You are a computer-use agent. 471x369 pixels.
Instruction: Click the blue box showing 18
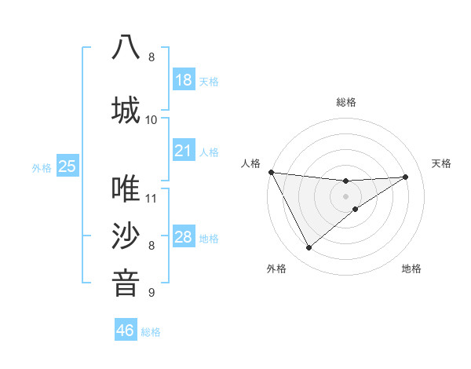(x=184, y=80)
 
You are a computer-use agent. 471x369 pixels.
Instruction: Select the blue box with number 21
(x=184, y=151)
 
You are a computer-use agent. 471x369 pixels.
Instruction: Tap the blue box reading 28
(x=184, y=238)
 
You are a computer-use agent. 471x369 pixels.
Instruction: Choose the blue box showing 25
(x=68, y=166)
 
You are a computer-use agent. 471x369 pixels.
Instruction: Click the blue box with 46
(x=126, y=331)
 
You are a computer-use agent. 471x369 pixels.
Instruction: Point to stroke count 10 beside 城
(x=152, y=119)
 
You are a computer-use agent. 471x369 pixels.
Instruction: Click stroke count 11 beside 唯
(x=152, y=198)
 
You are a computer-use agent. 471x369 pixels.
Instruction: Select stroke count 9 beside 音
(x=152, y=293)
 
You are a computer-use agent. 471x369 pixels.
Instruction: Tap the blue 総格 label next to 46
(x=151, y=332)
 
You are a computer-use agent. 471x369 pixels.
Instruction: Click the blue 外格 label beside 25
(x=42, y=167)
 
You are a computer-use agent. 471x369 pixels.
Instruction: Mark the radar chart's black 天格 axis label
(x=442, y=163)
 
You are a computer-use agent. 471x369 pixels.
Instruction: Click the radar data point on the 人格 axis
(x=271, y=172)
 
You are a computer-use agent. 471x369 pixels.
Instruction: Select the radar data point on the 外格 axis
(x=309, y=248)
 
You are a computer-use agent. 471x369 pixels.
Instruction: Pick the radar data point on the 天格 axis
(x=406, y=177)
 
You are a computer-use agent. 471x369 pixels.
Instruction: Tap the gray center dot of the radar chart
(x=346, y=196)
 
